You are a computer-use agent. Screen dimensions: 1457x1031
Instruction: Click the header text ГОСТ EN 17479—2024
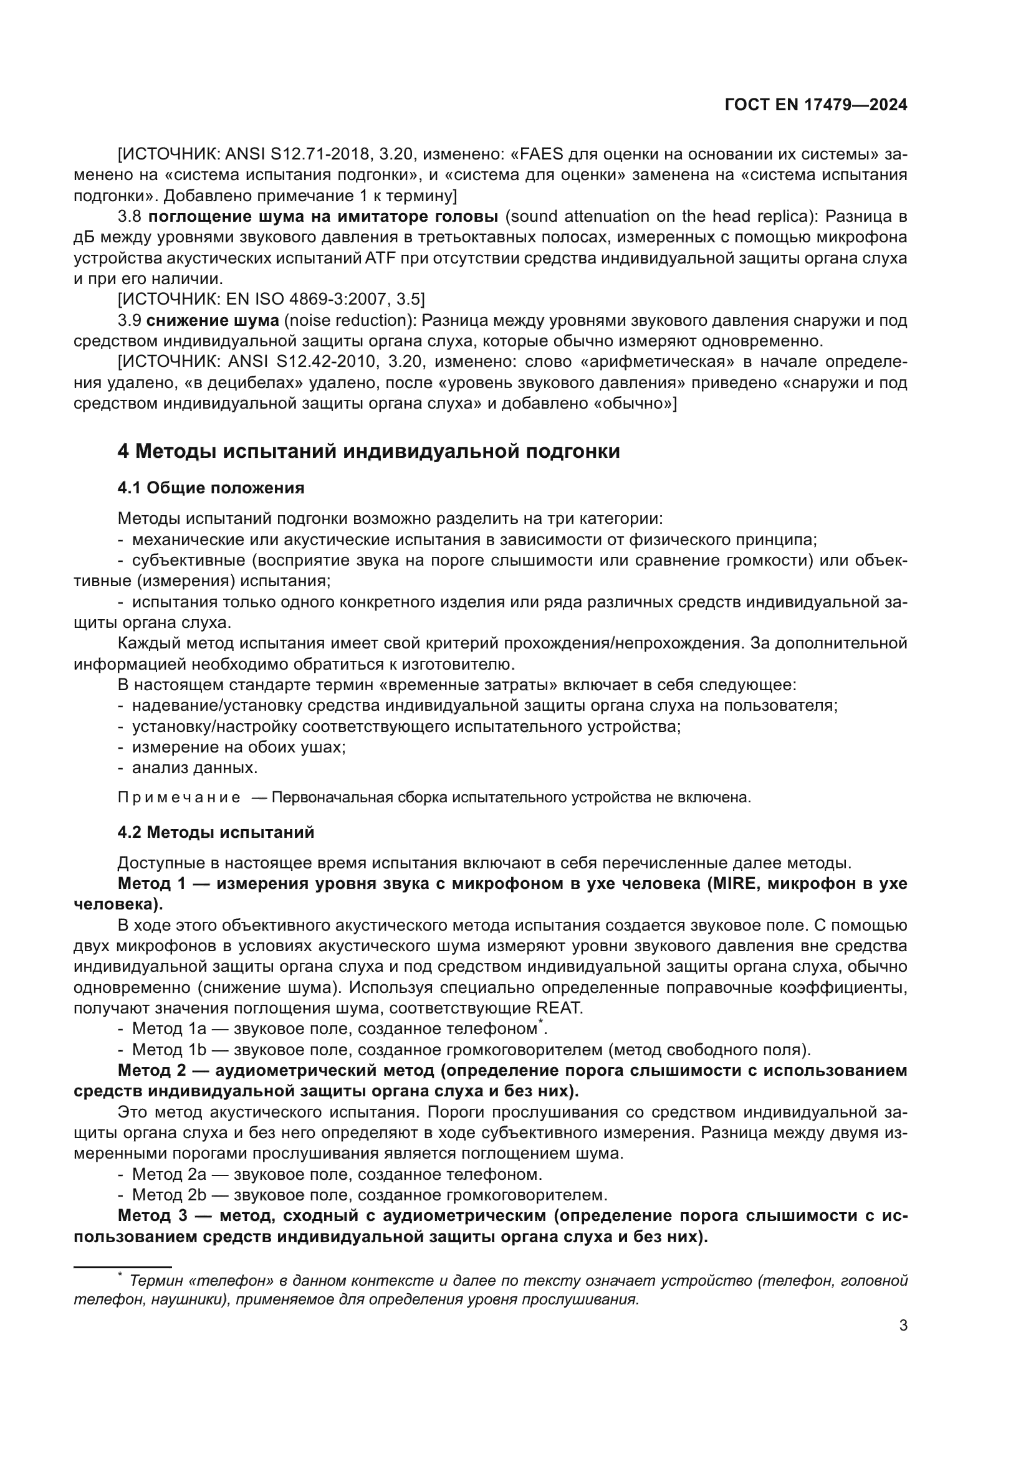point(816,105)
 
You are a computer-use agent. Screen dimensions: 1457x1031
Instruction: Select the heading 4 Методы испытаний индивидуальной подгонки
point(368,451)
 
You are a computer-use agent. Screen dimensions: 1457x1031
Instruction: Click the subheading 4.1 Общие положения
point(211,488)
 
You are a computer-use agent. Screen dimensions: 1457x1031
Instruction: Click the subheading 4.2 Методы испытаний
point(216,832)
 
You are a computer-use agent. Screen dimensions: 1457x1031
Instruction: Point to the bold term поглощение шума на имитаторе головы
point(322,216)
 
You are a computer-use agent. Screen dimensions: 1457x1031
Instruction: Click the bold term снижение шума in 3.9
point(213,320)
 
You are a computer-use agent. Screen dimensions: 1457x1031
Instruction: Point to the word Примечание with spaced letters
point(179,798)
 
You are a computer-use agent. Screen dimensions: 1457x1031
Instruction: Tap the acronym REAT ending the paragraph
point(559,1009)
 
